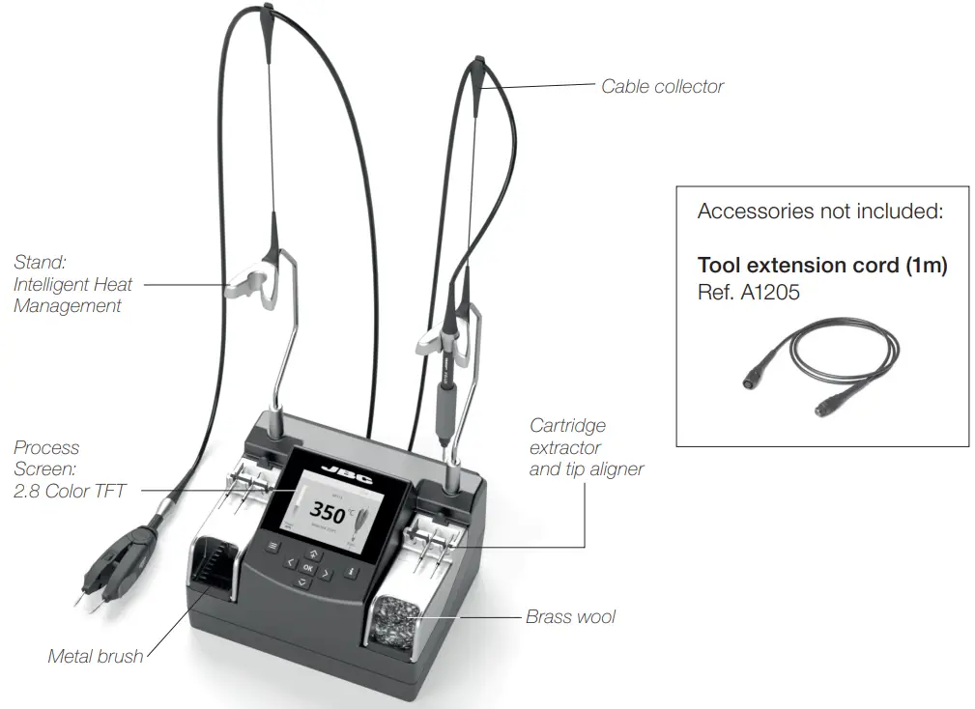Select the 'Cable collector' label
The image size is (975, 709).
662,86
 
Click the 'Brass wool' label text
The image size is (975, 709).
570,616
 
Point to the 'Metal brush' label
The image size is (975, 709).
96,657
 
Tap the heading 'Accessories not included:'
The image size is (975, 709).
819,211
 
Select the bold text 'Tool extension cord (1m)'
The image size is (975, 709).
821,266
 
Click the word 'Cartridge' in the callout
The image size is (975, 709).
567,425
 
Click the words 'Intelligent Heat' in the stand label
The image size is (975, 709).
72,284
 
